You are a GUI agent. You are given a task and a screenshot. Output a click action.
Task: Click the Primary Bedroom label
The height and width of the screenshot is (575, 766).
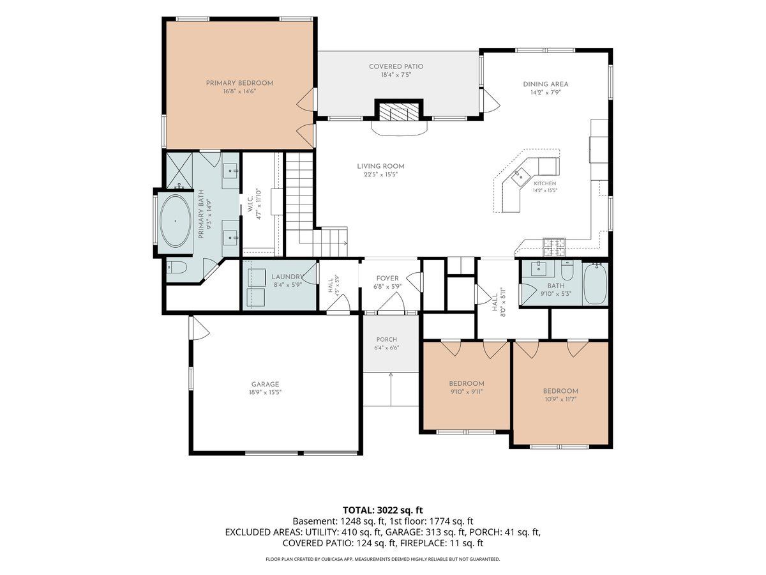(x=239, y=83)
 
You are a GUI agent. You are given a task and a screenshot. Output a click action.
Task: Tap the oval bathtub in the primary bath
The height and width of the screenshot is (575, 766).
(x=175, y=221)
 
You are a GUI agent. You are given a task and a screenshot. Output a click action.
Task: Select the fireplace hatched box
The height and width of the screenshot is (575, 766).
(x=398, y=112)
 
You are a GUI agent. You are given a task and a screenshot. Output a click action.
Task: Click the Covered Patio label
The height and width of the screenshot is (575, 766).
(x=396, y=66)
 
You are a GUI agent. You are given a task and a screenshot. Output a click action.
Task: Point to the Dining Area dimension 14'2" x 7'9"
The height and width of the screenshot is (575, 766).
(x=545, y=93)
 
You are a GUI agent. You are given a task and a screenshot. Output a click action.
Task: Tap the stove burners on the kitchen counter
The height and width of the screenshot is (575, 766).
(x=554, y=246)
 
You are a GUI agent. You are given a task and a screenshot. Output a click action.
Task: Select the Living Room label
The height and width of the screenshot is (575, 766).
(x=380, y=166)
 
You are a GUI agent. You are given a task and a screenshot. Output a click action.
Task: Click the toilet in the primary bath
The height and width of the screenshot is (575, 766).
(x=177, y=268)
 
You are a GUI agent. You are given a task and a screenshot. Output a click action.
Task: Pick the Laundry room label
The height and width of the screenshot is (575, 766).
(x=287, y=277)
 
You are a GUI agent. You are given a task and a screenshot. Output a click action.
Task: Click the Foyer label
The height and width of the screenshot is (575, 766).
(x=387, y=279)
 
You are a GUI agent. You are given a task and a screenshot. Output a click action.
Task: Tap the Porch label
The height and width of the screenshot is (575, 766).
(x=386, y=339)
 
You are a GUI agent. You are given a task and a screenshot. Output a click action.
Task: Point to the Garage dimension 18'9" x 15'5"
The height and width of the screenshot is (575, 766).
(x=265, y=392)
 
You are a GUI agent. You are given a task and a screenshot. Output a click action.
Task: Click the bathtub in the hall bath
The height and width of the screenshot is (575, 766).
(x=595, y=284)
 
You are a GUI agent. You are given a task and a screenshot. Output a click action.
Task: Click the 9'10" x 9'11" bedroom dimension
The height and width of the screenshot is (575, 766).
(x=467, y=392)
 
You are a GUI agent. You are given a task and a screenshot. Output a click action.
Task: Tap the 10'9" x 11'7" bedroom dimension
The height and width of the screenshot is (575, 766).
(x=560, y=399)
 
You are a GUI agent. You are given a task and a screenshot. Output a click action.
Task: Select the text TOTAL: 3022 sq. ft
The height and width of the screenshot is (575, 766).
(x=383, y=510)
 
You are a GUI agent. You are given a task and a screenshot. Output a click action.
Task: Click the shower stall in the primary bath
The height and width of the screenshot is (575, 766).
(x=179, y=171)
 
